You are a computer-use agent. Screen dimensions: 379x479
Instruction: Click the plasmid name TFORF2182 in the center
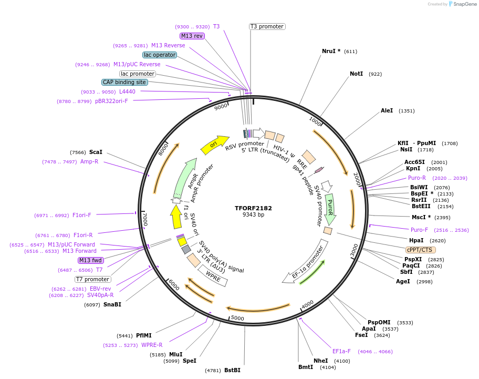pos(253,208)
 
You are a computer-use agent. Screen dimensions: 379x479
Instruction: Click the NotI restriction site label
pos(356,74)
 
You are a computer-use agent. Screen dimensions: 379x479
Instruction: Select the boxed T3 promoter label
pos(267,26)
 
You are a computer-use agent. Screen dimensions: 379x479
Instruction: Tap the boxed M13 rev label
pos(192,36)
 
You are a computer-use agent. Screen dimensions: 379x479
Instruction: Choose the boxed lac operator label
pos(160,55)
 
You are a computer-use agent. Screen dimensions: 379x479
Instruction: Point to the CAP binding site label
pos(124,82)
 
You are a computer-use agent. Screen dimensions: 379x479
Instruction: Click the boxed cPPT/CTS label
pos(420,250)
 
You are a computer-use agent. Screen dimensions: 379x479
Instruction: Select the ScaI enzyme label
pos(96,152)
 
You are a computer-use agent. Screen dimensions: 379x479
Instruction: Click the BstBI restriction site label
pos(232,370)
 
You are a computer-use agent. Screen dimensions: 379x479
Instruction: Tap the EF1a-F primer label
pos(341,351)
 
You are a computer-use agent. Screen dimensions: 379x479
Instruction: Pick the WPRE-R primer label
pos(152,345)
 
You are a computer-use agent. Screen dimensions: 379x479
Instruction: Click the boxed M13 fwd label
pos(91,260)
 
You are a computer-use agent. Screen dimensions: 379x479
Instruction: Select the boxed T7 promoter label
pos(93,279)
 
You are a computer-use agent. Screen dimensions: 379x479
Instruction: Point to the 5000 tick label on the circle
pos(237,318)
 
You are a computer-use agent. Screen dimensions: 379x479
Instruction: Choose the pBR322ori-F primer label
pos(111,101)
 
